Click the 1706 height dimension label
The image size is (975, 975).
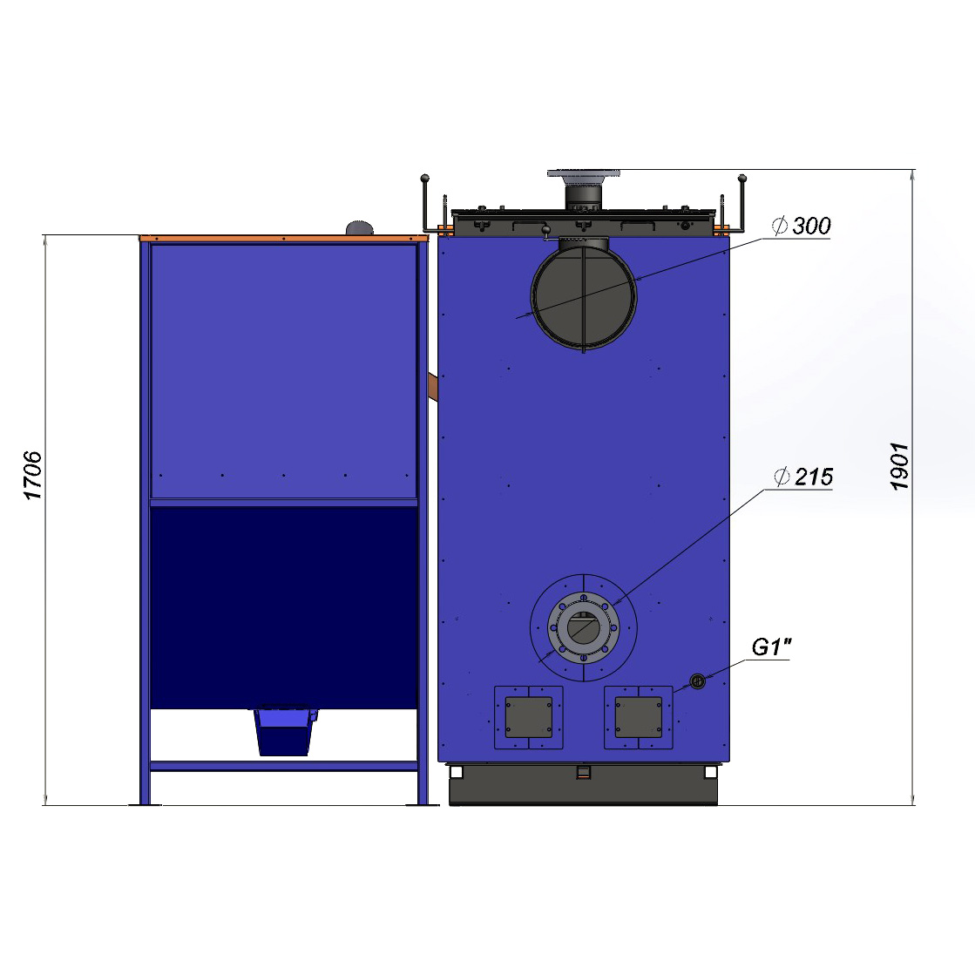32,476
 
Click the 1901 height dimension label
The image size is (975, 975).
899,466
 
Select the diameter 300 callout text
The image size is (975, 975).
802,226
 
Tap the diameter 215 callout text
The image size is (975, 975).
803,477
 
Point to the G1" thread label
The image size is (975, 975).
771,647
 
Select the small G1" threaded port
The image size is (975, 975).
698,680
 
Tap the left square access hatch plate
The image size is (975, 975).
529,717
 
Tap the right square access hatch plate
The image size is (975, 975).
638,717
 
